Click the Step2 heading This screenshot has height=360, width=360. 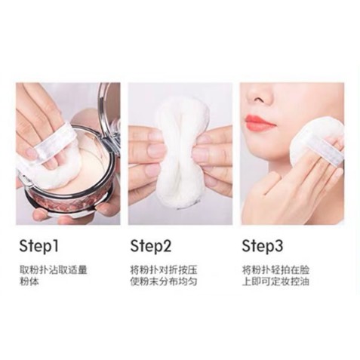click(x=151, y=245)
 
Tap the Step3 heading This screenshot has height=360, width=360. click(x=263, y=245)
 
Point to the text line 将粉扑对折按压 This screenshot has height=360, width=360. click(x=160, y=269)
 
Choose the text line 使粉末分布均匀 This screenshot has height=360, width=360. click(x=160, y=282)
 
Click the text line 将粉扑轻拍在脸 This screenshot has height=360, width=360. click(x=272, y=269)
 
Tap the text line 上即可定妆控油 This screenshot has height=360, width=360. click(x=272, y=282)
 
